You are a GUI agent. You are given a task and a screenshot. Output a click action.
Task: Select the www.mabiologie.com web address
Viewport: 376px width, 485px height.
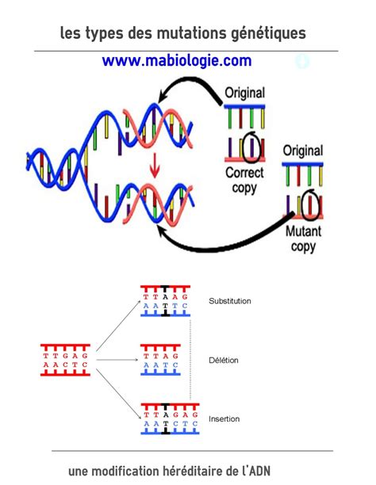pyautogui.click(x=177, y=60)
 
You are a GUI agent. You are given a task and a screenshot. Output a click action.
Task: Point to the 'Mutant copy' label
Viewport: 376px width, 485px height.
pyautogui.click(x=303, y=239)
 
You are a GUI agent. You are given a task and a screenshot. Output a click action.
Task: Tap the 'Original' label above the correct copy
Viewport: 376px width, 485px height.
pyautogui.click(x=244, y=93)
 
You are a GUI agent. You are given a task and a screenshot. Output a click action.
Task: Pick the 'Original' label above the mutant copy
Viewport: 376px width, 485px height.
pyautogui.click(x=303, y=151)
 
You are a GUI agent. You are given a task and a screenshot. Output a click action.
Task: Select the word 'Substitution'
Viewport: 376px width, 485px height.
pyautogui.click(x=230, y=301)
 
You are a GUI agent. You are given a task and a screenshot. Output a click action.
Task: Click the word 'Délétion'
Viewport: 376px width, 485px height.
pyautogui.click(x=224, y=361)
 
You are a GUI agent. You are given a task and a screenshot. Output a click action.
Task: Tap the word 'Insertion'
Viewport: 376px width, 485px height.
pyautogui.click(x=224, y=418)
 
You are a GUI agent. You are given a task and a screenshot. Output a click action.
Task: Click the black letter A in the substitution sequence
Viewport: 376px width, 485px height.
pyautogui.click(x=165, y=297)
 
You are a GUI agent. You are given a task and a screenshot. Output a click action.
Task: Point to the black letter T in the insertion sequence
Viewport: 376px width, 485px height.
pyautogui.click(x=166, y=423)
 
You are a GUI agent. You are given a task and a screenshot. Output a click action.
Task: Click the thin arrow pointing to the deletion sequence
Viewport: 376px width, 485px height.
pyautogui.click(x=117, y=360)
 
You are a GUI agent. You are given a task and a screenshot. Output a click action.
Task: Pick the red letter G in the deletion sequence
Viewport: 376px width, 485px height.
pyautogui.click(x=175, y=356)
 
